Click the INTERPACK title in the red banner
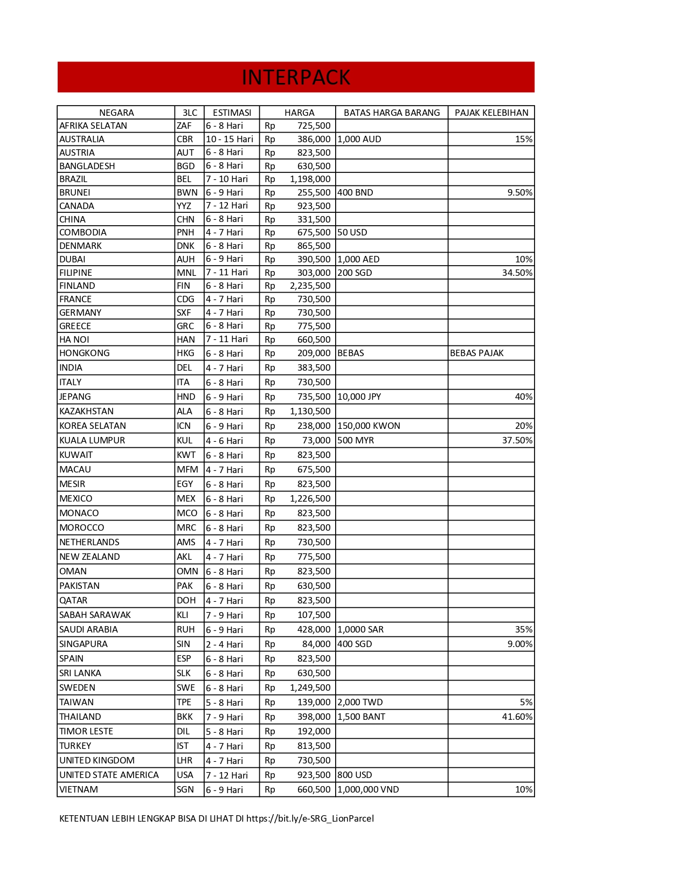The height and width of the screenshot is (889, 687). pyautogui.click(x=296, y=78)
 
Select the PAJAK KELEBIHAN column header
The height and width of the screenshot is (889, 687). pyautogui.click(x=491, y=113)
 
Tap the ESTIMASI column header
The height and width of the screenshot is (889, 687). pyautogui.click(x=232, y=113)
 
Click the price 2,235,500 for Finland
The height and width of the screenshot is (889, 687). pyautogui.click(x=310, y=286)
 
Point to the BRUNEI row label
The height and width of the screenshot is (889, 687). pyautogui.click(x=75, y=192)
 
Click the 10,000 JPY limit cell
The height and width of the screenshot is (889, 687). pyautogui.click(x=359, y=397)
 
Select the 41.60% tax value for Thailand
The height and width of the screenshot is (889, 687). pyautogui.click(x=517, y=717)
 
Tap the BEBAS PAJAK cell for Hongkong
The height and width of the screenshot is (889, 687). pyautogui.click(x=476, y=353)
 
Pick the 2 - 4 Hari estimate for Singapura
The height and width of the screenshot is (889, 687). pyautogui.click(x=224, y=644)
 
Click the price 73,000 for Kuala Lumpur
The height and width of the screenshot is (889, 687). pyautogui.click(x=316, y=440)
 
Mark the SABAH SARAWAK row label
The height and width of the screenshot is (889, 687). pyautogui.click(x=95, y=615)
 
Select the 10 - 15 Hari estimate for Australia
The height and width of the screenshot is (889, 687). pyautogui.click(x=230, y=139)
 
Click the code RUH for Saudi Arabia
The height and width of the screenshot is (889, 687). pyautogui.click(x=185, y=629)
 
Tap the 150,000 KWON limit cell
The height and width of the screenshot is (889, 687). pyautogui.click(x=369, y=426)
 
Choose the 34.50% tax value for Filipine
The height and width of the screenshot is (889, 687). pyautogui.click(x=517, y=273)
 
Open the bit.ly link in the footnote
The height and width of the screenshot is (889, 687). pyautogui.click(x=310, y=818)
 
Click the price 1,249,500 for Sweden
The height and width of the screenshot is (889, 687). pyautogui.click(x=310, y=687)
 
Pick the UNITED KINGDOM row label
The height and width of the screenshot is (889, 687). pyautogui.click(x=97, y=760)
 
